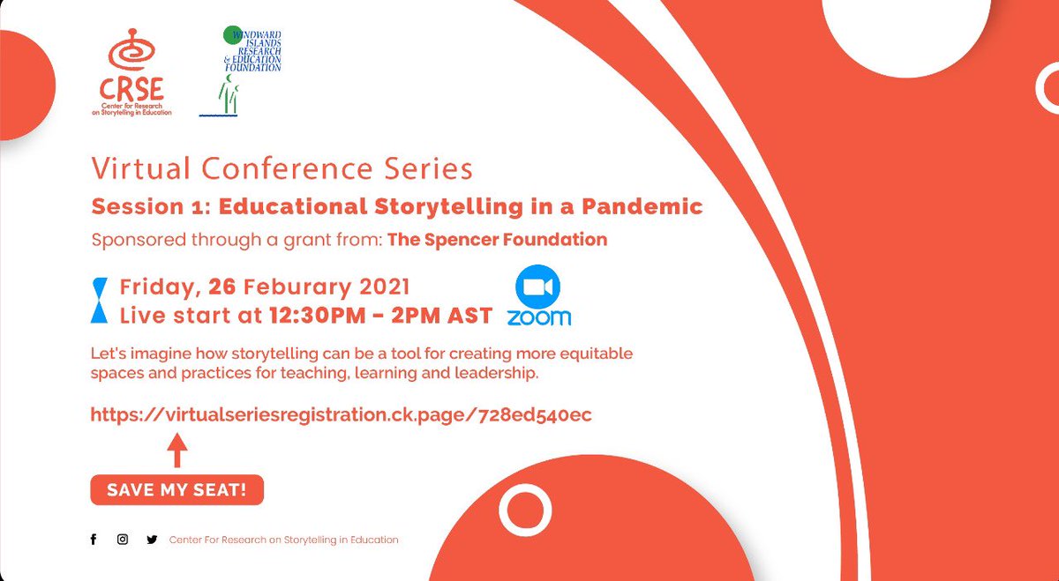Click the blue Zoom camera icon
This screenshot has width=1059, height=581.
[538, 287]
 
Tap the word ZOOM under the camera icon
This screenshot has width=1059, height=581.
[538, 317]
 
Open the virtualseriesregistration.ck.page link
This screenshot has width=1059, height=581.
[341, 414]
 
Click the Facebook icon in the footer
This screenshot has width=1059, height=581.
[94, 540]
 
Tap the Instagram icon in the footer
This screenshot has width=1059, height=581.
[123, 540]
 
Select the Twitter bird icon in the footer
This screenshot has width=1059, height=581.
[152, 540]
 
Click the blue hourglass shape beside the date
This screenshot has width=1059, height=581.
[101, 301]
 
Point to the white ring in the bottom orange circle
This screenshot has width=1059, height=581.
[525, 511]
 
